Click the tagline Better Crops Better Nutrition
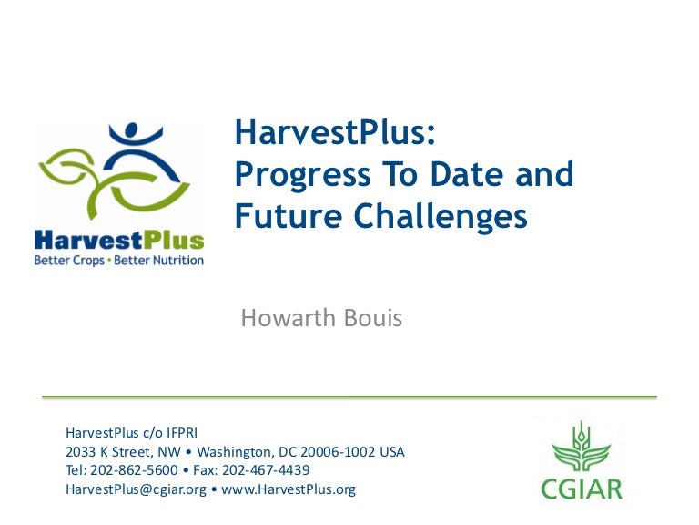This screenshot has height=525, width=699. point(118,260)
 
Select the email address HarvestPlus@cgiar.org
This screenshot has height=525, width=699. point(135,489)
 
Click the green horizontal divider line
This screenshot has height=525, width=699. point(349,397)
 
